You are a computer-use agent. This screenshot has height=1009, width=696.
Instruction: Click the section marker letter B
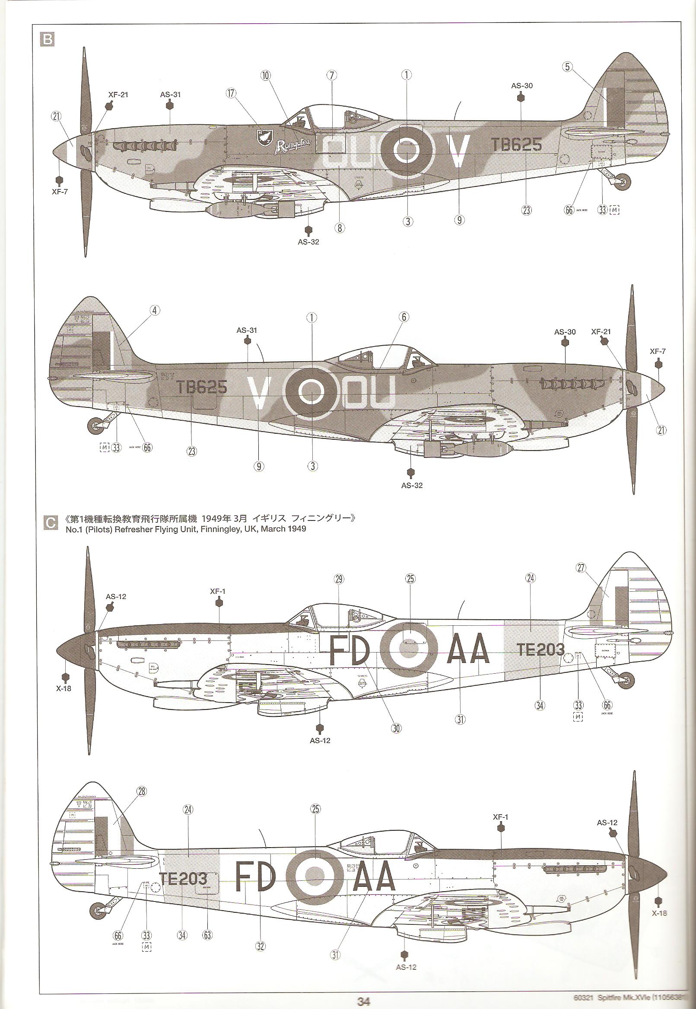(47, 40)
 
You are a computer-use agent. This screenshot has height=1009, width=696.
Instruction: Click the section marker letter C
(51, 523)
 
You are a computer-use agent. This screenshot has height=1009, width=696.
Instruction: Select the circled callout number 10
(266, 76)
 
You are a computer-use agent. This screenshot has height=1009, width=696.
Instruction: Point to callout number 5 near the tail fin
(567, 66)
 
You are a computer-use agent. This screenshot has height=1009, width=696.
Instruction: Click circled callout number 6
(404, 317)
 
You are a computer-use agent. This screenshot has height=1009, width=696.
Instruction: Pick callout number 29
(339, 579)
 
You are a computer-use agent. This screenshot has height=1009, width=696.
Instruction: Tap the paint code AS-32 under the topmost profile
(308, 242)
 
